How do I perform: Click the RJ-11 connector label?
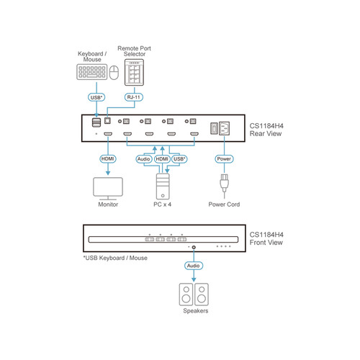pyautogui.click(x=131, y=96)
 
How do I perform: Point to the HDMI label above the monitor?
pyautogui.click(x=107, y=158)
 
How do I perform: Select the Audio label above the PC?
pyautogui.click(x=143, y=158)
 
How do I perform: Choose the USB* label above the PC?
pyautogui.click(x=180, y=158)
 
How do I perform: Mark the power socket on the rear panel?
pyautogui.click(x=223, y=128)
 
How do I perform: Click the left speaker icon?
pyautogui.click(x=184, y=294)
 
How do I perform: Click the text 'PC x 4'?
pyautogui.click(x=161, y=204)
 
